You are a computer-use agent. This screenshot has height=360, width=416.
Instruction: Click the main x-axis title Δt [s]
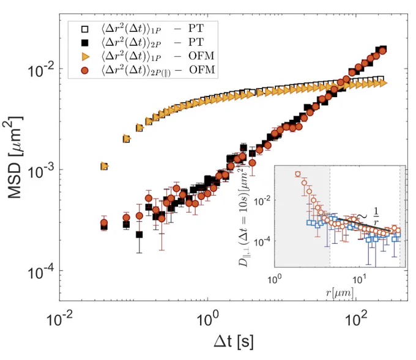234,341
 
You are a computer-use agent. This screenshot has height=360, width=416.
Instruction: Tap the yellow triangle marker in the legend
85,56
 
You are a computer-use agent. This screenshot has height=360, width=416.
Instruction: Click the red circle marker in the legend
85,70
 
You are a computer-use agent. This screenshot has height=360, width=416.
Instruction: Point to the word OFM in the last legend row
202,70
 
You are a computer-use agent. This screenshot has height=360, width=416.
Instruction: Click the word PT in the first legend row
196,28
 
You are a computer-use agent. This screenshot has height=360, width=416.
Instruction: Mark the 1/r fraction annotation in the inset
376,216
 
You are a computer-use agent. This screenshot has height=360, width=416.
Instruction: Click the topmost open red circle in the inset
298,174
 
